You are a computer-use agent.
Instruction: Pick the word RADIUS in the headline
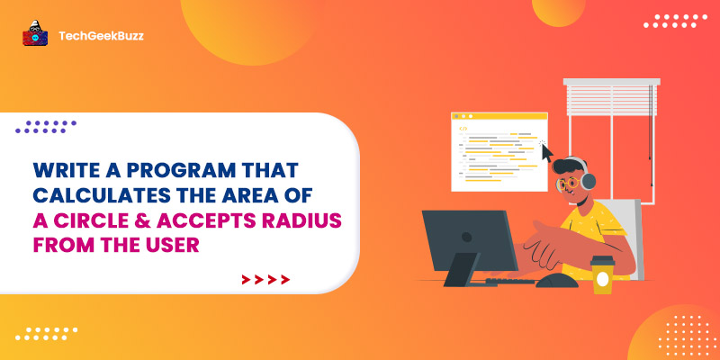[303, 220]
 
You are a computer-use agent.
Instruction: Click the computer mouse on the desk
[557, 280]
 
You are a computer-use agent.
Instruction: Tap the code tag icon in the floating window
[463, 129]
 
